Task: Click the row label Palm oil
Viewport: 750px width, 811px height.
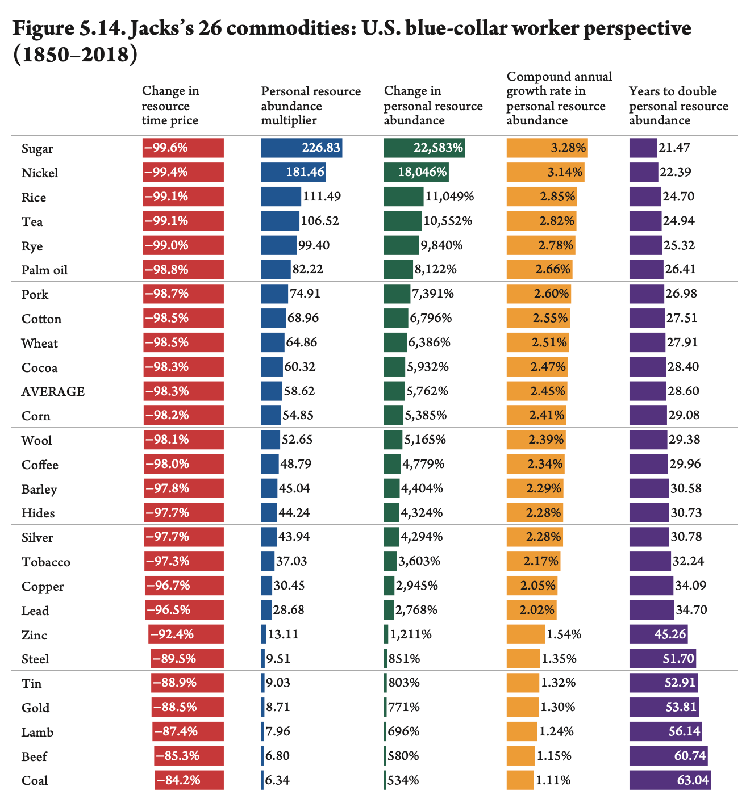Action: pyautogui.click(x=44, y=270)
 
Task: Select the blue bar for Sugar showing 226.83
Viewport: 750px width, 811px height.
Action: pyautogui.click(x=301, y=148)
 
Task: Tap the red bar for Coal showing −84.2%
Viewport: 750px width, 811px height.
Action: pyautogui.click(x=189, y=780)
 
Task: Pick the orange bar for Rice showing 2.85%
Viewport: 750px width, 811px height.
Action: pyautogui.click(x=541, y=197)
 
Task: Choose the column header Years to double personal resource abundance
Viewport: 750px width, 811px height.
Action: pyautogui.click(x=678, y=106)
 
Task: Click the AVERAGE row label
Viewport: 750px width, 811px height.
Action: pyautogui.click(x=53, y=391)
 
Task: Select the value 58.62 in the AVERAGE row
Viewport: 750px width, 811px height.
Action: pyautogui.click(x=299, y=391)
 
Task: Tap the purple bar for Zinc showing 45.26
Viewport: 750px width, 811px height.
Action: pyautogui.click(x=659, y=634)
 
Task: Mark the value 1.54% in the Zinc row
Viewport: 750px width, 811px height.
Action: pyautogui.click(x=564, y=634)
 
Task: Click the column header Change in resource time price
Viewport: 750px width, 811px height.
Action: pyautogui.click(x=170, y=106)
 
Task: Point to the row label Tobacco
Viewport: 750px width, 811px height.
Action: pyautogui.click(x=46, y=562)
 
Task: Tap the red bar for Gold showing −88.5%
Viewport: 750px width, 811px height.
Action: pyautogui.click(x=188, y=707)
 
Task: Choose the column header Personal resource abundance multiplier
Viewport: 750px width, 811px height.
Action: pyautogui.click(x=310, y=106)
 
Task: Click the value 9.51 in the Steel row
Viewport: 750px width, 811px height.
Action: pyautogui.click(x=277, y=659)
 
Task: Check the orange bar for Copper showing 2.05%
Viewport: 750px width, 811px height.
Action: pyautogui.click(x=532, y=586)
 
